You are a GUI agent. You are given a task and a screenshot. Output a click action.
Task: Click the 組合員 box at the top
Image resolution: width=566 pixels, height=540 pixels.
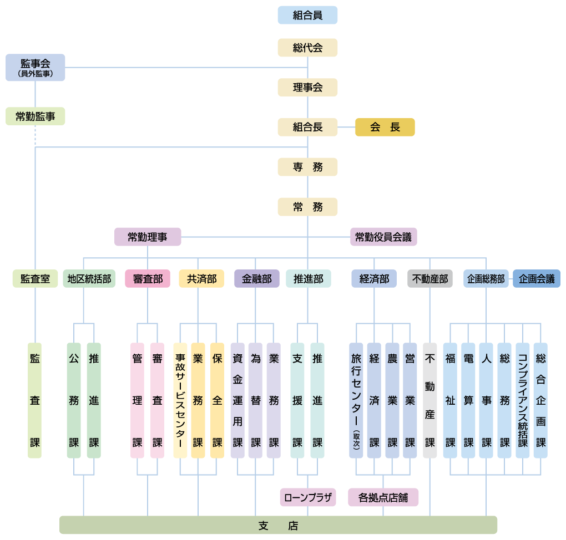tap(307, 15)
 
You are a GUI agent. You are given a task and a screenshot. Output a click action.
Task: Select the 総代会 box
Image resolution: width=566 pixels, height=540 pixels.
tap(307, 48)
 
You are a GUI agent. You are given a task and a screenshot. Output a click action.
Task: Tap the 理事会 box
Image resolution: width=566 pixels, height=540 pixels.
tap(307, 87)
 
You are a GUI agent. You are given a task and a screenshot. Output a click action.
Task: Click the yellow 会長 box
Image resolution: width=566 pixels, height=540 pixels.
tap(385, 127)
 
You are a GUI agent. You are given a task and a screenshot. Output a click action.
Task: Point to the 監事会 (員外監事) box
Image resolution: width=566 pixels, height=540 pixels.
tap(35, 67)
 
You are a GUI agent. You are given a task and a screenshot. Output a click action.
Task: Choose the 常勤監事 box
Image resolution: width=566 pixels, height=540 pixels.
tap(35, 116)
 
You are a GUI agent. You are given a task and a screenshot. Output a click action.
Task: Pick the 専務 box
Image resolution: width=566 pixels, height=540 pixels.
tap(307, 167)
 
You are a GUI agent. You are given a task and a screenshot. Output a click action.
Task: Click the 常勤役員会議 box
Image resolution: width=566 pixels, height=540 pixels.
tap(383, 237)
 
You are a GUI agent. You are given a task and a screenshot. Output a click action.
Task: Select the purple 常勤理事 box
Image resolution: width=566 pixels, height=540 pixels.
tap(148, 237)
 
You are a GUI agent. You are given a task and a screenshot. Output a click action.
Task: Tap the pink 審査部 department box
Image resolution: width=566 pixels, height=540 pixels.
tap(147, 278)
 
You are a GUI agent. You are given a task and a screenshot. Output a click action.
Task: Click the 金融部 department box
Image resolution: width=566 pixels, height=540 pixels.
tap(256, 278)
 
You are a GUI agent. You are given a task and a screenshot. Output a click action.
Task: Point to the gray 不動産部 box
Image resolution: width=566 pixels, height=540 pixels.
tap(430, 278)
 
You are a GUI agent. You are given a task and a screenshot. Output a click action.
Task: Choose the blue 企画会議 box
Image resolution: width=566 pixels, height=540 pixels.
tap(537, 278)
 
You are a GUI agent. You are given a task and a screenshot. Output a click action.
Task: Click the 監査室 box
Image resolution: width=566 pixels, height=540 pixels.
tap(35, 278)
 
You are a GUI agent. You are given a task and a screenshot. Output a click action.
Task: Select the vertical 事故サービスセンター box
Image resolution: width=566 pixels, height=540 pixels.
tap(180, 400)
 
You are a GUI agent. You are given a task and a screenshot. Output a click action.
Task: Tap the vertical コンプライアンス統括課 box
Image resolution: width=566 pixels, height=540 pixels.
tap(522, 400)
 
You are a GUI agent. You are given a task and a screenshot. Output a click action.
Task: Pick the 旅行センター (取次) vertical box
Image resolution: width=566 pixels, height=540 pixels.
tap(356, 400)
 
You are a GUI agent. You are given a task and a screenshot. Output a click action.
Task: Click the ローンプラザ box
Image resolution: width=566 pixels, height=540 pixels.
tap(308, 497)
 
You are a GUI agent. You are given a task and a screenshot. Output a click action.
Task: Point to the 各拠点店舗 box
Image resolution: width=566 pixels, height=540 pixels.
tap(383, 497)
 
